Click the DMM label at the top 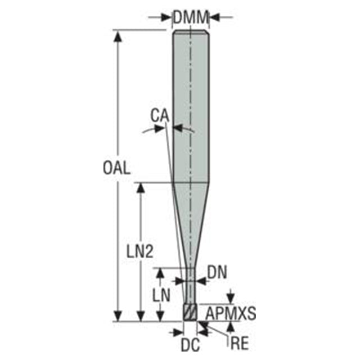click(191, 17)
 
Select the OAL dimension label click(117, 168)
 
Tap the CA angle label click(160, 115)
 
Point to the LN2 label click(140, 251)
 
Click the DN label click(217, 272)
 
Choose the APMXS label click(231, 313)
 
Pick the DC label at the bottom click(190, 345)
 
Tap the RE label click(240, 343)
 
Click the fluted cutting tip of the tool click(190, 312)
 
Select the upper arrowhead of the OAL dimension click(118, 36)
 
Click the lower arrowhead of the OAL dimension click(118, 316)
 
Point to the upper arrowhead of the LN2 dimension click(141, 189)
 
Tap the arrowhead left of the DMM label click(166, 17)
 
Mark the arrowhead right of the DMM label click(215, 17)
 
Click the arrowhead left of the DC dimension click(178, 332)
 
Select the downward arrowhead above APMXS click(231, 298)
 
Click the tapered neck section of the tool click(191, 225)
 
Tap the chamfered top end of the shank click(191, 32)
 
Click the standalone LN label click(161, 295)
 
